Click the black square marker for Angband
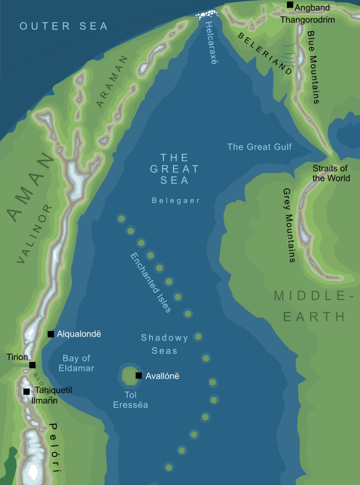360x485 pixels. [x=290, y=5]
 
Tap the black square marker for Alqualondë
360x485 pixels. [x=51, y=334]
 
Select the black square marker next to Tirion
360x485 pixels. [x=33, y=365]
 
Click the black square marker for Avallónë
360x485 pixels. [x=138, y=376]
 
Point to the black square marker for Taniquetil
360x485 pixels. [x=26, y=391]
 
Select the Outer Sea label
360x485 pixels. [x=64, y=26]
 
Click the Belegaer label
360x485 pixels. [x=175, y=201]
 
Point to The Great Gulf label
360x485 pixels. [x=260, y=146]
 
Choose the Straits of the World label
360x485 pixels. [x=331, y=173]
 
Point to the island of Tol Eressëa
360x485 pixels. [x=129, y=376]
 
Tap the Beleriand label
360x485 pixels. [x=265, y=53]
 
